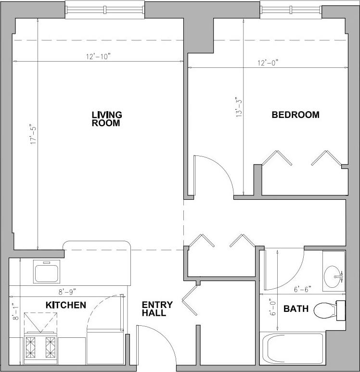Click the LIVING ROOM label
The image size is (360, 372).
pos(107,119)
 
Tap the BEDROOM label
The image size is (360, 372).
pos(296,115)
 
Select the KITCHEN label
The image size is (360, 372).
pos(66,305)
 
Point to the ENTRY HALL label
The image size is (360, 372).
pos(154,309)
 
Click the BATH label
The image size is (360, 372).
pos(296,308)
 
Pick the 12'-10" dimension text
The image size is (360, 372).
pos(99,57)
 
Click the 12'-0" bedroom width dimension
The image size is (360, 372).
pos(268,63)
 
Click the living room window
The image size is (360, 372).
pos(104,9)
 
